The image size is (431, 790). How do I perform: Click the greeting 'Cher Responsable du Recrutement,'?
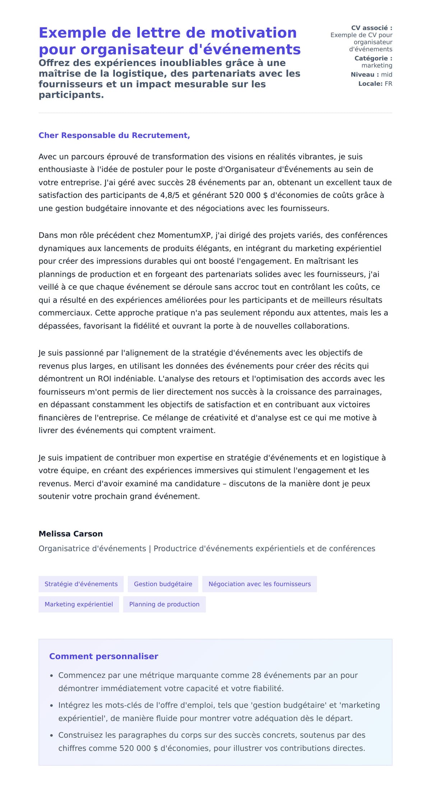(x=114, y=135)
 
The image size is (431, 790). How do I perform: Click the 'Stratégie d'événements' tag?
(x=81, y=584)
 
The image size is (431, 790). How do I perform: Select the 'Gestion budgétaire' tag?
(x=163, y=584)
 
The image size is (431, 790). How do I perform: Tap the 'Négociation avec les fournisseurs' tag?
(x=259, y=584)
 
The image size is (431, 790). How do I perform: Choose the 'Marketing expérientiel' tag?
(x=79, y=604)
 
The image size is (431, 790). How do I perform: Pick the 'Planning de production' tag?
(x=164, y=604)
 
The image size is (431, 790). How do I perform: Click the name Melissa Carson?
(x=71, y=534)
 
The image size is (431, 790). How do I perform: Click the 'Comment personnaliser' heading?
(x=103, y=656)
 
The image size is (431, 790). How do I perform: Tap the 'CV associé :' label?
(x=371, y=28)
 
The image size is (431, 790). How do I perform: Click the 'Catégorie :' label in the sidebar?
(x=373, y=58)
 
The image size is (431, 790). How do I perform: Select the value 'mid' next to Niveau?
(x=386, y=75)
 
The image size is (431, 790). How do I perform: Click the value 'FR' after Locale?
(x=388, y=84)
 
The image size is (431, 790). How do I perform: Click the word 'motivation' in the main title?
(x=254, y=33)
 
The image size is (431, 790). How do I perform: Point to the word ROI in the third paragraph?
(x=104, y=379)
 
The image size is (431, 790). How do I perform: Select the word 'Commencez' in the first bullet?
(x=82, y=675)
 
